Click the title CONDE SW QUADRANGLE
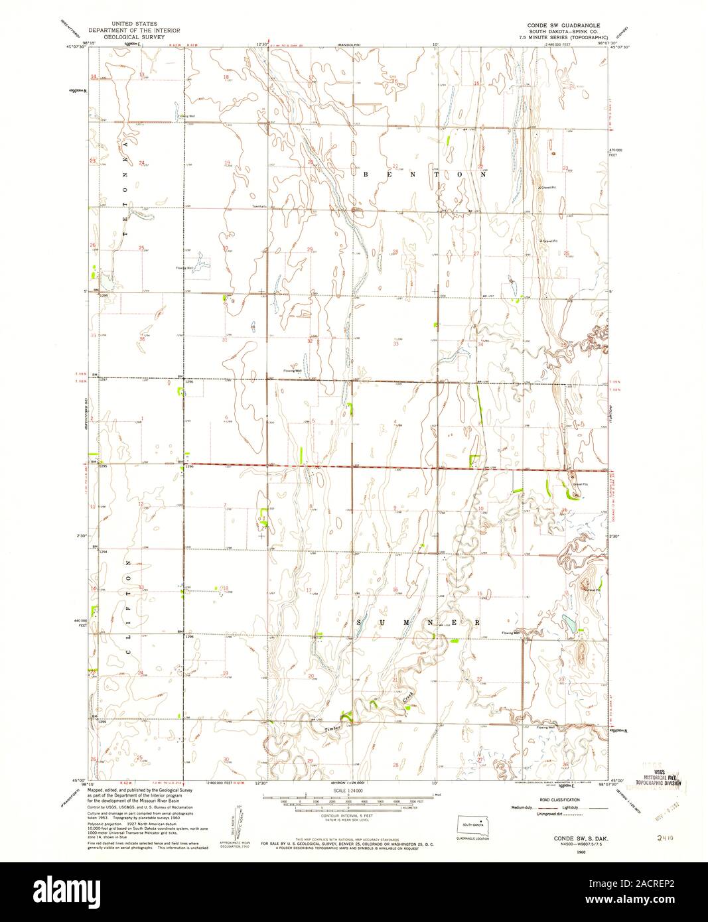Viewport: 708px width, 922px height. coord(563,25)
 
